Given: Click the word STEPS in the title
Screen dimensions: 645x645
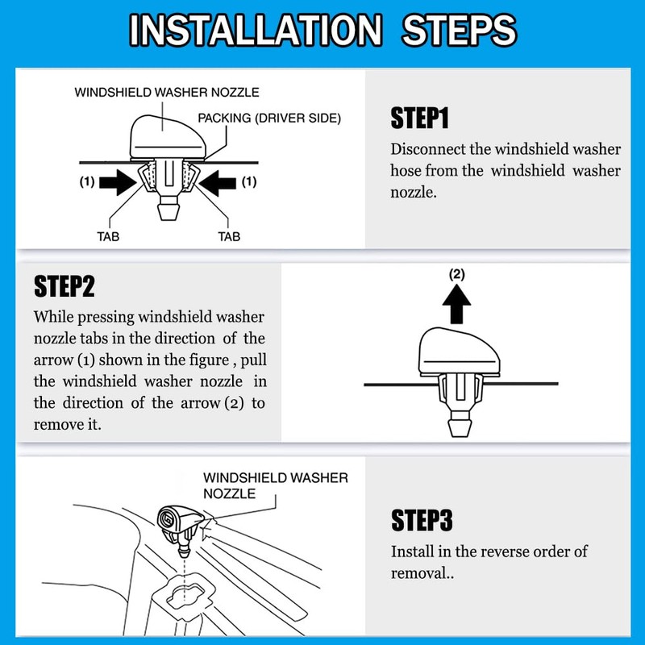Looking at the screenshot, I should point(456,31).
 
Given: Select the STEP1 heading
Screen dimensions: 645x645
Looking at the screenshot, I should point(419,118).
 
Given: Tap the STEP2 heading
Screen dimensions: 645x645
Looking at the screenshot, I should point(63,285).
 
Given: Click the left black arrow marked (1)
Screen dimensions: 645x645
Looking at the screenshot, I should point(116,183).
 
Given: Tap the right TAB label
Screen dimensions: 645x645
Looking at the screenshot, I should point(230,238).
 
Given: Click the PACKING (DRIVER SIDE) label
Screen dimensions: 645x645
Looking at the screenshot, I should point(269,119).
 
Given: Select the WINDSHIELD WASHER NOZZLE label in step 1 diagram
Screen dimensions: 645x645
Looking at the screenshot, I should point(167,93).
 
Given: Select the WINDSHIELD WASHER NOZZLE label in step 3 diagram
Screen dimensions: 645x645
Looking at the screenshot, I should point(275,485).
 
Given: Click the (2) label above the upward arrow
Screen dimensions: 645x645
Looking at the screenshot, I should point(456,274).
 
